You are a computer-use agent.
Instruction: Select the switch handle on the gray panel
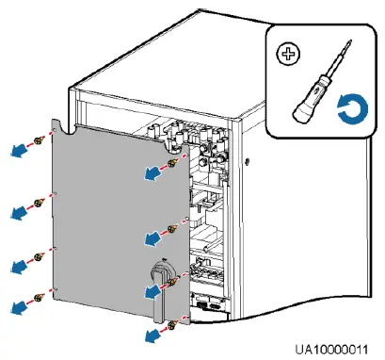[157, 293]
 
